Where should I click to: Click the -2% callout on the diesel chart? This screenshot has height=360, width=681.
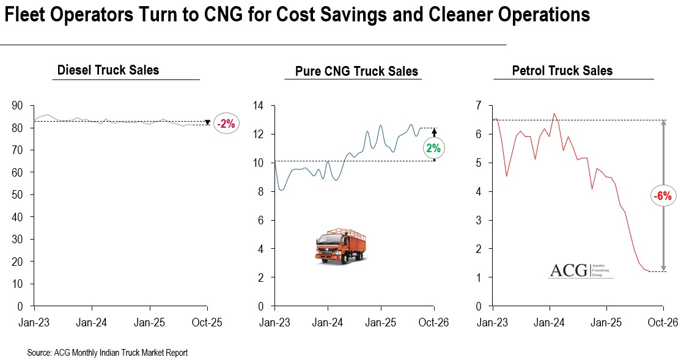coord(226,123)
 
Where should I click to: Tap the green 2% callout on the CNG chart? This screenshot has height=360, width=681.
coord(433,147)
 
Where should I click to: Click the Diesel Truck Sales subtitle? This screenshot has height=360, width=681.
coord(108,70)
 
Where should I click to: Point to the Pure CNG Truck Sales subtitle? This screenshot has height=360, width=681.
coord(356,72)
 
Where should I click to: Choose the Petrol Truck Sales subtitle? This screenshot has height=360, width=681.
coord(562,70)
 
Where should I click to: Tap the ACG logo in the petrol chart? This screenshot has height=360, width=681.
coord(581,270)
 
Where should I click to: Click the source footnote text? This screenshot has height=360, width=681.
coord(107,353)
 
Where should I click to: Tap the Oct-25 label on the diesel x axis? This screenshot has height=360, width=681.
coord(208,322)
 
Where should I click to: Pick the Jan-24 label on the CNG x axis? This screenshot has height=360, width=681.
coord(328,322)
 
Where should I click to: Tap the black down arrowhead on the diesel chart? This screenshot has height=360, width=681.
coord(208,122)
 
